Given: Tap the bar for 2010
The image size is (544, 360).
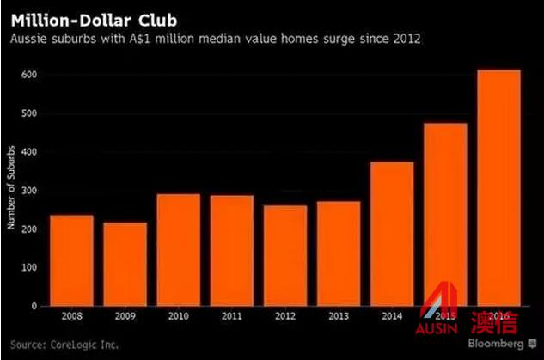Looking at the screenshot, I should [178, 249].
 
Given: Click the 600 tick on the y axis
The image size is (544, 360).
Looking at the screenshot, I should [31, 75].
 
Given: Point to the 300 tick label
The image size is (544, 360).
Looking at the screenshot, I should [31, 191].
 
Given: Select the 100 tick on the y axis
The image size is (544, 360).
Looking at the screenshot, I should [31, 267].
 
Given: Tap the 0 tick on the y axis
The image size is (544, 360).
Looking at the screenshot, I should [35, 306].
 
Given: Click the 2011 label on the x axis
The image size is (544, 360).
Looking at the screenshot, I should [231, 317].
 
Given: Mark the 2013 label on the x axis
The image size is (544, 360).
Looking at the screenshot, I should [339, 317].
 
